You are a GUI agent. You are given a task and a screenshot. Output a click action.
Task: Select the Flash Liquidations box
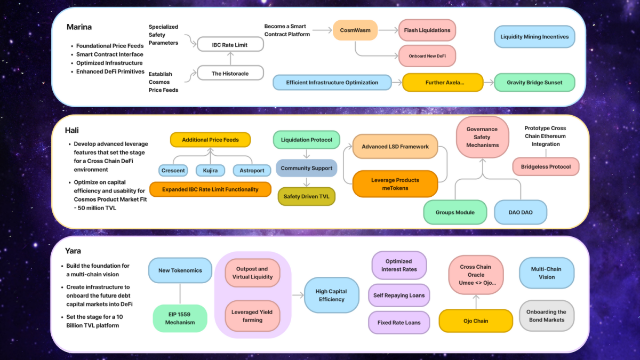(x=427, y=30)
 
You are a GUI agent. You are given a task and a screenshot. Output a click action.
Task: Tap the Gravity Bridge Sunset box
(x=534, y=83)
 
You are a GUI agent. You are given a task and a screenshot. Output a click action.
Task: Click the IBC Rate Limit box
(x=230, y=45)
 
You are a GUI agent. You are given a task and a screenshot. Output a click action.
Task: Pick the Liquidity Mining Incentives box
(x=534, y=37)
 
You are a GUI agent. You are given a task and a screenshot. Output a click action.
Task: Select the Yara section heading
(x=74, y=250)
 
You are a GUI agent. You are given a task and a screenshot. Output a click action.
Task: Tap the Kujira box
(x=211, y=171)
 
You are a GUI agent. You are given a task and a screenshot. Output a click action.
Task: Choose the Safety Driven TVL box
(x=306, y=197)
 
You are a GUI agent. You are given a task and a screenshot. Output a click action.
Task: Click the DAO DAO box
(x=521, y=212)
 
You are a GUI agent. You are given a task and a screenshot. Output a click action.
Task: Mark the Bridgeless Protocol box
(x=546, y=167)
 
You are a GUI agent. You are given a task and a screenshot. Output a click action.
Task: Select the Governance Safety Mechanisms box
(x=482, y=137)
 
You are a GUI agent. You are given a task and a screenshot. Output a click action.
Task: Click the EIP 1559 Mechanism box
(x=180, y=318)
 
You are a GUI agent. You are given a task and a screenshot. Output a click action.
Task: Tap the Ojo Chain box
(x=471, y=321)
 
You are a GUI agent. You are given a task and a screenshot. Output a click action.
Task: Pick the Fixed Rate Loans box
(x=398, y=323)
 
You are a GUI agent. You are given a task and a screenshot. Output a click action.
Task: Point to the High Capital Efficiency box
(x=331, y=295)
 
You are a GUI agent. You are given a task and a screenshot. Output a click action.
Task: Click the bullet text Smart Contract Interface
(x=109, y=54)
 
